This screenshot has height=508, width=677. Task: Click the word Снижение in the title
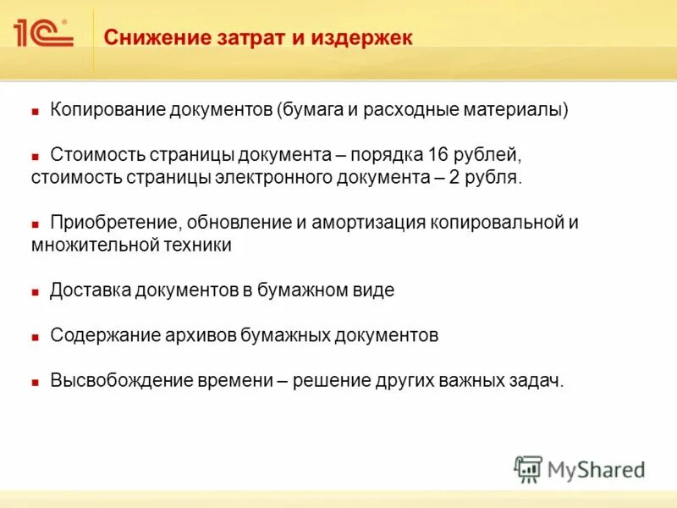click(146, 38)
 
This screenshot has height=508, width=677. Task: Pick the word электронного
click(301, 178)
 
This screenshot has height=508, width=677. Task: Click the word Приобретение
click(113, 223)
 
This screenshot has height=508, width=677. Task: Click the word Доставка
click(87, 290)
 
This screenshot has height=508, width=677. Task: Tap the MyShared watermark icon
click(528, 468)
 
